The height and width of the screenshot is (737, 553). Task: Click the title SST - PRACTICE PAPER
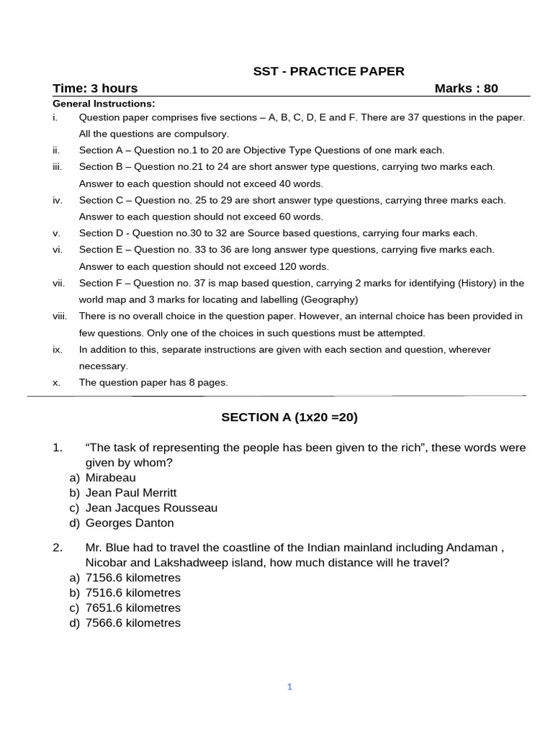coord(328,71)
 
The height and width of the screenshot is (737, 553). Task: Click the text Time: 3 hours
coord(95,89)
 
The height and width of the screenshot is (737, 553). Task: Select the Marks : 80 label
coord(466,89)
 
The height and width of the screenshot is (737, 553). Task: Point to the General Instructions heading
coord(104,104)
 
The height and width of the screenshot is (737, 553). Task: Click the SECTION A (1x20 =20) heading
coord(289,417)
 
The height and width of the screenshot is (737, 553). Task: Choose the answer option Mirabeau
coord(110,477)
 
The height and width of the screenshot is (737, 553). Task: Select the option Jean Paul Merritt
coord(130,492)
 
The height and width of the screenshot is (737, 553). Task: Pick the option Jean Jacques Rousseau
coord(151,507)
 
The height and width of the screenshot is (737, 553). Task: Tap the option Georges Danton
coord(130,523)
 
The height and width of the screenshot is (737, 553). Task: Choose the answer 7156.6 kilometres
coord(132,577)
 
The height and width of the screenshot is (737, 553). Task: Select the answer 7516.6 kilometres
coord(132,592)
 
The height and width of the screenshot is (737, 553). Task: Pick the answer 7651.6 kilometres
coord(132,607)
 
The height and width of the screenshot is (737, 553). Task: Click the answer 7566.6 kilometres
coord(132,623)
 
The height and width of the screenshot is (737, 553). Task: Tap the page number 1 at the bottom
coord(289,687)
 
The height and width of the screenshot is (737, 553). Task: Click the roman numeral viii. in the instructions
coord(60,316)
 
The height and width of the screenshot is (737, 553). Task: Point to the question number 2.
coord(58,547)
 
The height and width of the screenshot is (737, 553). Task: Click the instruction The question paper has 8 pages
coord(153,382)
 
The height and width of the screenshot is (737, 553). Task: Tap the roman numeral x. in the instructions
coord(56,382)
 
